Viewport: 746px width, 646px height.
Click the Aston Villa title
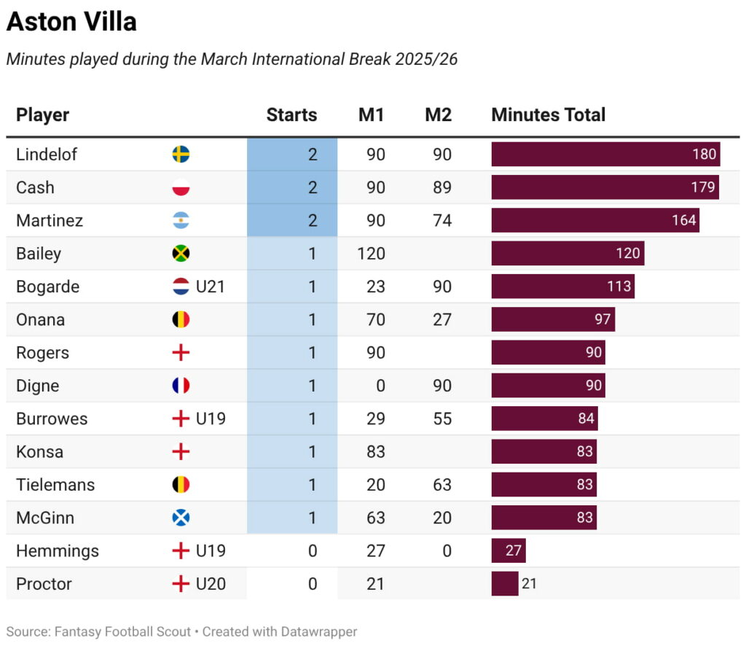71,22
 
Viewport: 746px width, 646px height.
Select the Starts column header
291,114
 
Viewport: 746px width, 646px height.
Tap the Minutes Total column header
548,114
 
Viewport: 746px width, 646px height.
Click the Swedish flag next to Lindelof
181,155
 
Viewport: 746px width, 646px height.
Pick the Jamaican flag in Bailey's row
181,254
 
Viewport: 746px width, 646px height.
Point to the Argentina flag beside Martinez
181,220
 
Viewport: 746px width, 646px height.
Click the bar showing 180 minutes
605,155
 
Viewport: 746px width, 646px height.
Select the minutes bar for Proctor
504,584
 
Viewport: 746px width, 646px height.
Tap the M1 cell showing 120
372,254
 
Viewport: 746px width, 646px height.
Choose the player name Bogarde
47,287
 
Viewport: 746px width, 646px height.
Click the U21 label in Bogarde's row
211,287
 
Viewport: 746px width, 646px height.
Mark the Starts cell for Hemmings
312,551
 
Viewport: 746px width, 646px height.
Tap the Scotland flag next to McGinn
181,518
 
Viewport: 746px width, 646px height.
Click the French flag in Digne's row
181,386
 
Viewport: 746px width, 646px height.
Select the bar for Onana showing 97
552,319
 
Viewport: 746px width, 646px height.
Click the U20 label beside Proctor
211,584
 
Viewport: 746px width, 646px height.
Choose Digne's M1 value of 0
380,386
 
